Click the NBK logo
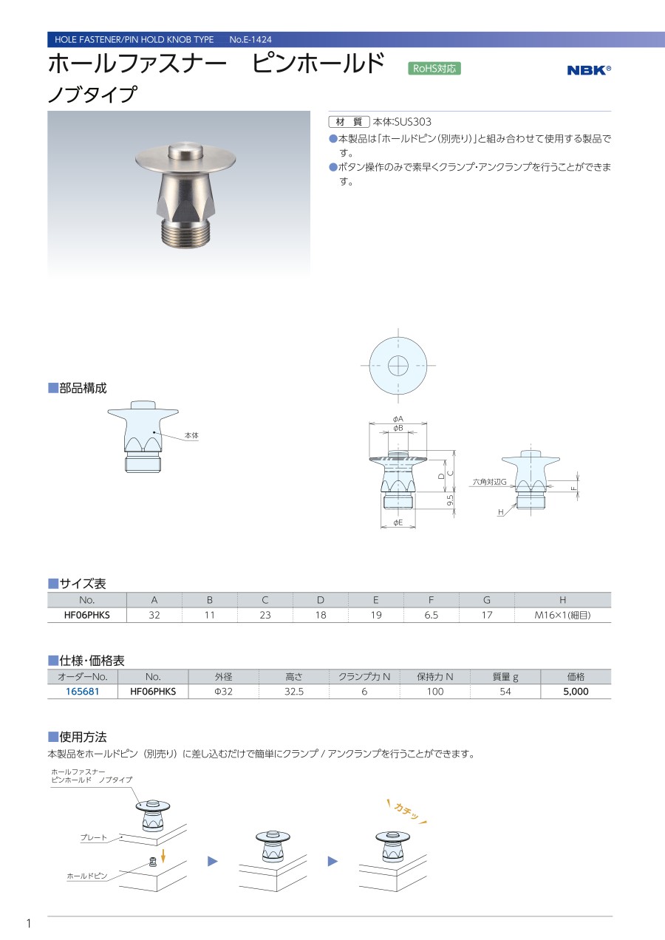[x=589, y=70]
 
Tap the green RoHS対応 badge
[x=434, y=69]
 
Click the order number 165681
[x=82, y=691]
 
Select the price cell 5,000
[x=576, y=691]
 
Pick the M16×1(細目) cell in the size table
[x=562, y=615]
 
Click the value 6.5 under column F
[x=431, y=615]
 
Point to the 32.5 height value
[x=293, y=691]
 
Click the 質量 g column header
[x=505, y=676]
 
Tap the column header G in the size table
[x=487, y=599]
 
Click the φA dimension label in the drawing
[x=398, y=419]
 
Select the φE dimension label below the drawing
[x=398, y=522]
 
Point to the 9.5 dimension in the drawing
[x=450, y=500]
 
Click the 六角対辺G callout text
[x=490, y=482]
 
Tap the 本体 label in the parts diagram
[x=191, y=435]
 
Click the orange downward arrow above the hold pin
[x=163, y=855]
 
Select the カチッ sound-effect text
[x=406, y=812]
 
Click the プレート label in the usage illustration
[x=94, y=837]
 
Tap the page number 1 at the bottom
[x=29, y=923]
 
